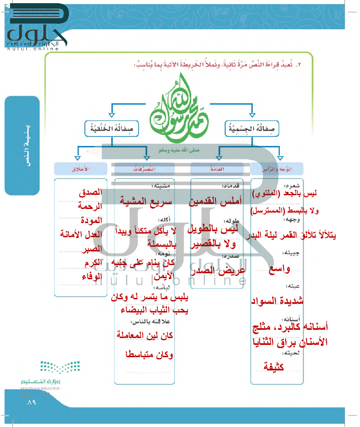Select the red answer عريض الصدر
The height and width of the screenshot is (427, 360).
pos(217,271)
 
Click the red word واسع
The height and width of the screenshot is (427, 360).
pos(279,269)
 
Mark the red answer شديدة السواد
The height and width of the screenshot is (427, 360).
pos(277,301)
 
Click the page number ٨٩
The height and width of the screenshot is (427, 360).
pos(31,403)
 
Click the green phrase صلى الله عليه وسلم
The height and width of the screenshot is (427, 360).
pos(181,149)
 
